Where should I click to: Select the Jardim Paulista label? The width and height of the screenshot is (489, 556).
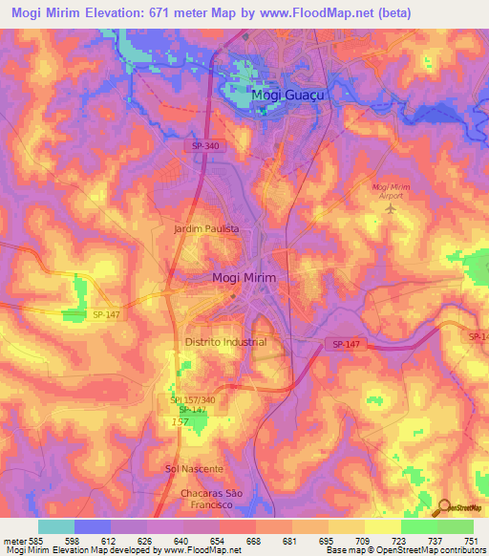[x=206, y=230]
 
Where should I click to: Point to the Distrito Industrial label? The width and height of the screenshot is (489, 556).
[x=225, y=341]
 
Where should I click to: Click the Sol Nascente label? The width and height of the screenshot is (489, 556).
[x=194, y=469]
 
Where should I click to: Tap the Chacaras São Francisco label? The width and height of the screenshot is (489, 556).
[x=194, y=497]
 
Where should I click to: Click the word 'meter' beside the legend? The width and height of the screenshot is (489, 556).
[x=13, y=542]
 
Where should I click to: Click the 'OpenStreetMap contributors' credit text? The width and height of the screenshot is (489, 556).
[x=431, y=551]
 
